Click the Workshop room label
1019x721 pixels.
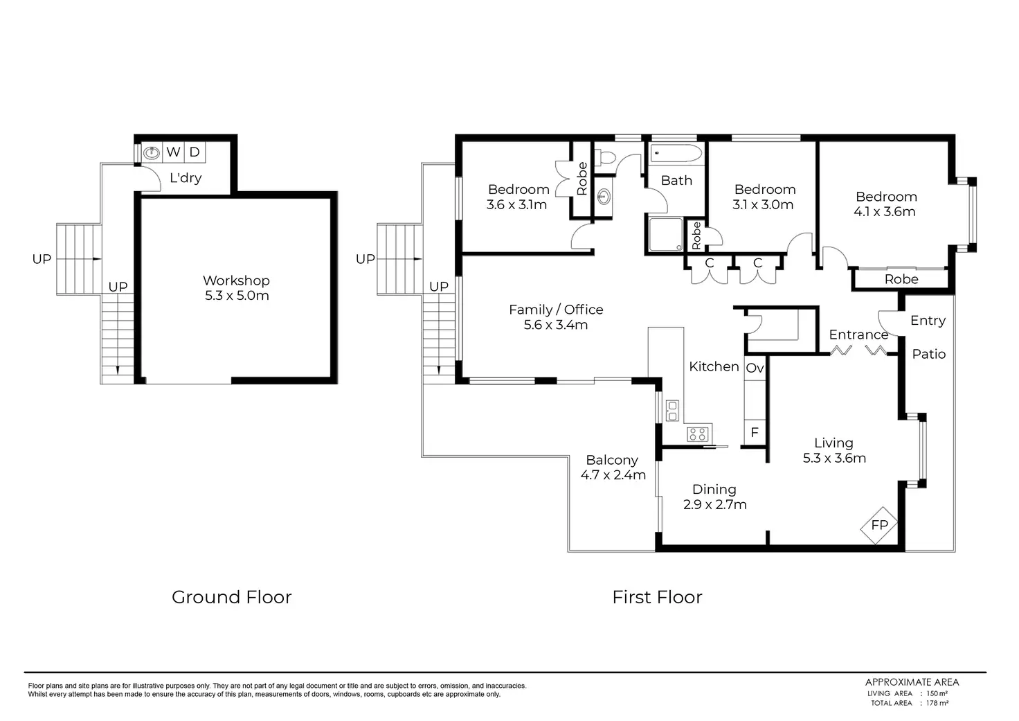point(236,281)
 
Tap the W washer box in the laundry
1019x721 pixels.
point(173,152)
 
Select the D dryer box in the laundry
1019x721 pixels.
point(195,152)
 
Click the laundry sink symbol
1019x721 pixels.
point(152,152)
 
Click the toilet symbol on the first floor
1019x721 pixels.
point(605,158)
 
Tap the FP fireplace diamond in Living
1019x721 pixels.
point(879,525)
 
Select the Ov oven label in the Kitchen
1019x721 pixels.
point(755,368)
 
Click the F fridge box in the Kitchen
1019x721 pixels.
point(755,432)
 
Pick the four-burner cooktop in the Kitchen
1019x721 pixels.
point(698,434)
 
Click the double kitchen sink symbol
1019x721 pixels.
point(672,411)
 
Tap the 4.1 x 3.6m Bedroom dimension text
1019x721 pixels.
point(884,212)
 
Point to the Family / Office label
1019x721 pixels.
point(556,310)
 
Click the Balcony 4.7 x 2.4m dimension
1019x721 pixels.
point(613,475)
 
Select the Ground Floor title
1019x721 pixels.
point(231,597)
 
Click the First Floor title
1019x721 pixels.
point(657,597)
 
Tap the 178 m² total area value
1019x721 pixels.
point(937,703)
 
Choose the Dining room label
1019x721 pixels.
point(714,489)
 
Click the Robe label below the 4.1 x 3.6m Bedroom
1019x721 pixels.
point(901,279)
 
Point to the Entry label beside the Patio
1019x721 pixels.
point(928,321)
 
